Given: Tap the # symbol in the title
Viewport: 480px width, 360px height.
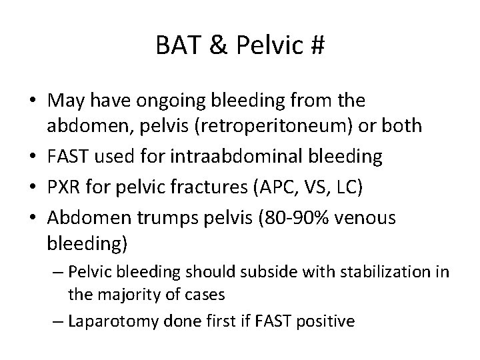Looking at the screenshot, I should tap(317, 47).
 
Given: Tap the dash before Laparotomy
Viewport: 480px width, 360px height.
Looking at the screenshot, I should tap(57, 321).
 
